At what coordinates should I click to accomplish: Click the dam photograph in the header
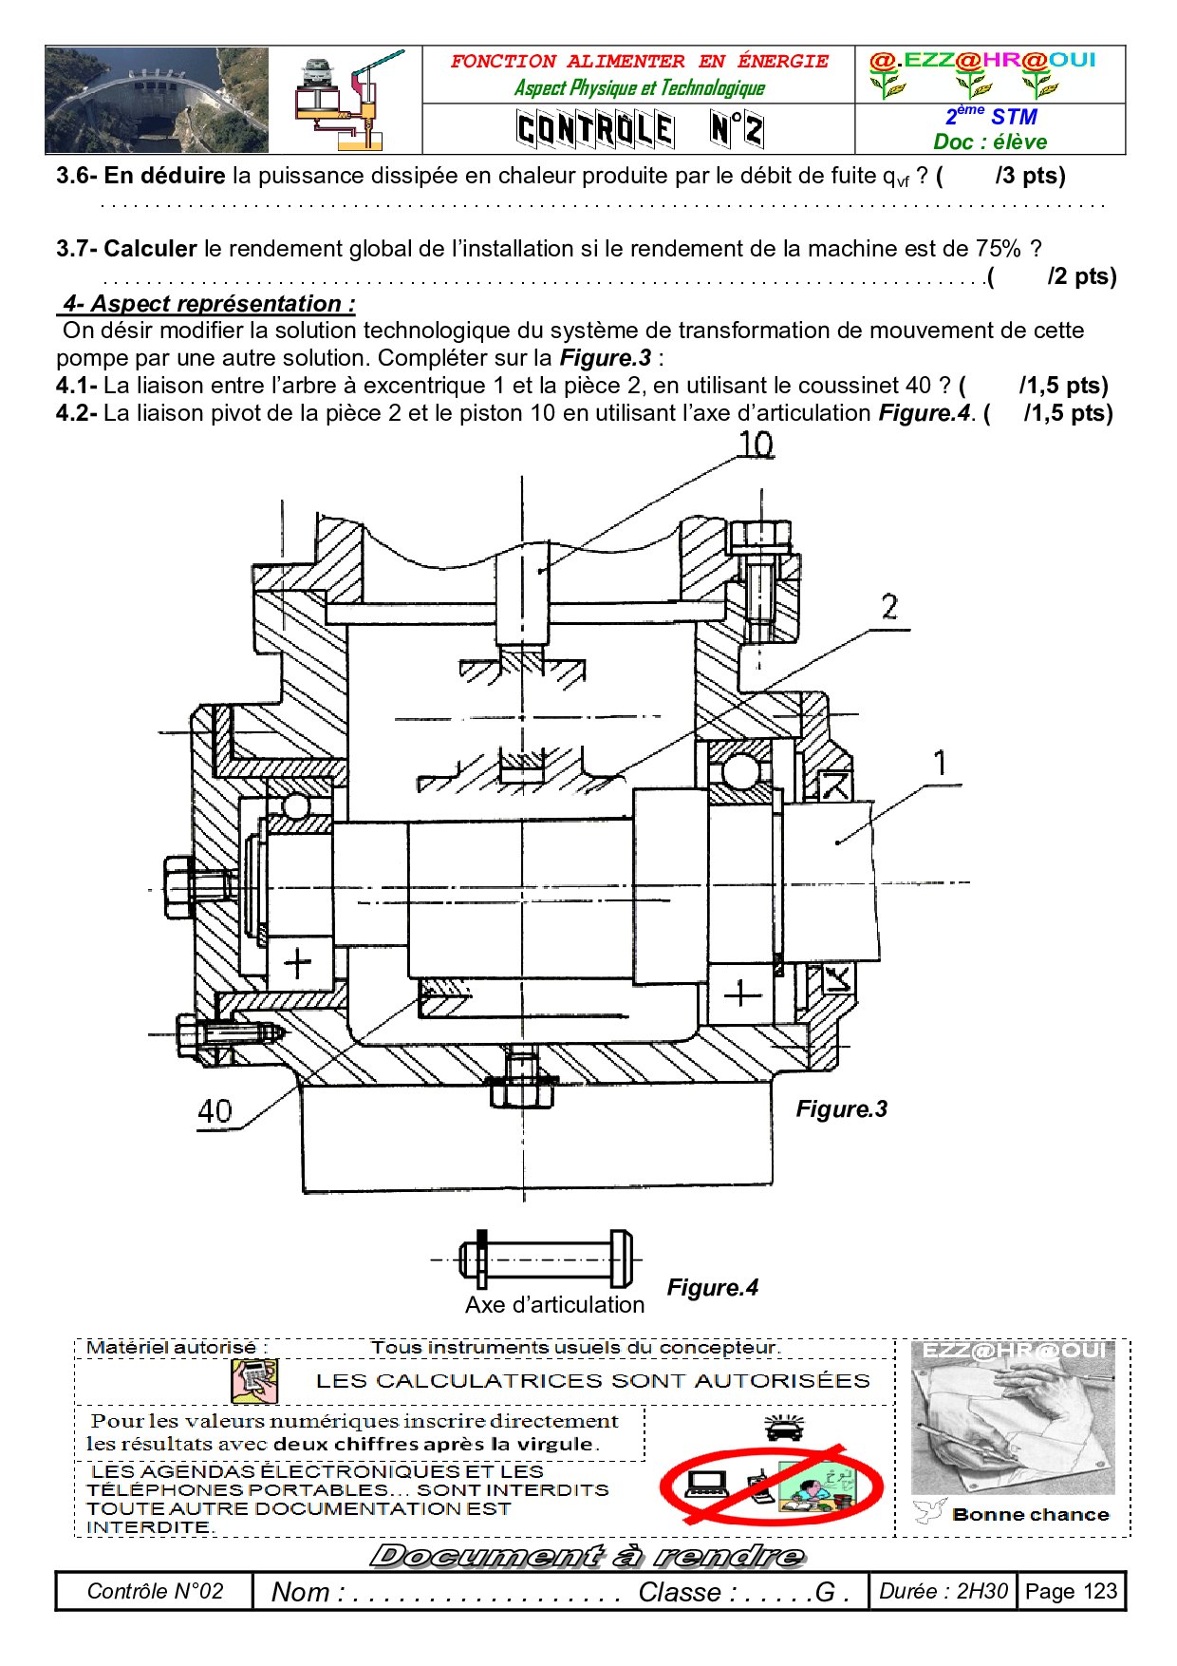click(x=157, y=100)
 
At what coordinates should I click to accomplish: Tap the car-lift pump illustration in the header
click(x=346, y=101)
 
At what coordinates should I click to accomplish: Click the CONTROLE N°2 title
click(x=639, y=129)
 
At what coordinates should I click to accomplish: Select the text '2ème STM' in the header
click(x=990, y=116)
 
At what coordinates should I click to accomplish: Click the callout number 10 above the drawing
click(x=756, y=445)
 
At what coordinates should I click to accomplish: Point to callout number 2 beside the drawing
click(x=889, y=607)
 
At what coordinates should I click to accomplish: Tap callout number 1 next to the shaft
click(x=940, y=763)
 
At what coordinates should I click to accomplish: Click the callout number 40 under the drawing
click(x=215, y=1110)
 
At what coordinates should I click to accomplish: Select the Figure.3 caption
click(x=841, y=1108)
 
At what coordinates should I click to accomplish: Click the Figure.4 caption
click(x=712, y=1287)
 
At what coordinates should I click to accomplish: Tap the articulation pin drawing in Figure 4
click(x=545, y=1259)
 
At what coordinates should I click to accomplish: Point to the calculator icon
click(x=254, y=1380)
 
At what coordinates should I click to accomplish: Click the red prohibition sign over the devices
click(x=771, y=1485)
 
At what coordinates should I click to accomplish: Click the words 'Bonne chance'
click(x=1030, y=1514)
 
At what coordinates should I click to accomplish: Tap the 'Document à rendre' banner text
click(x=588, y=1555)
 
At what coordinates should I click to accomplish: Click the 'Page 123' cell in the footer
click(x=1071, y=1591)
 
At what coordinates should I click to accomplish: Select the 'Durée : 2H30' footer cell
click(x=943, y=1591)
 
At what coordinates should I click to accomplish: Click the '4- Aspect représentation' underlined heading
click(x=209, y=304)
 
